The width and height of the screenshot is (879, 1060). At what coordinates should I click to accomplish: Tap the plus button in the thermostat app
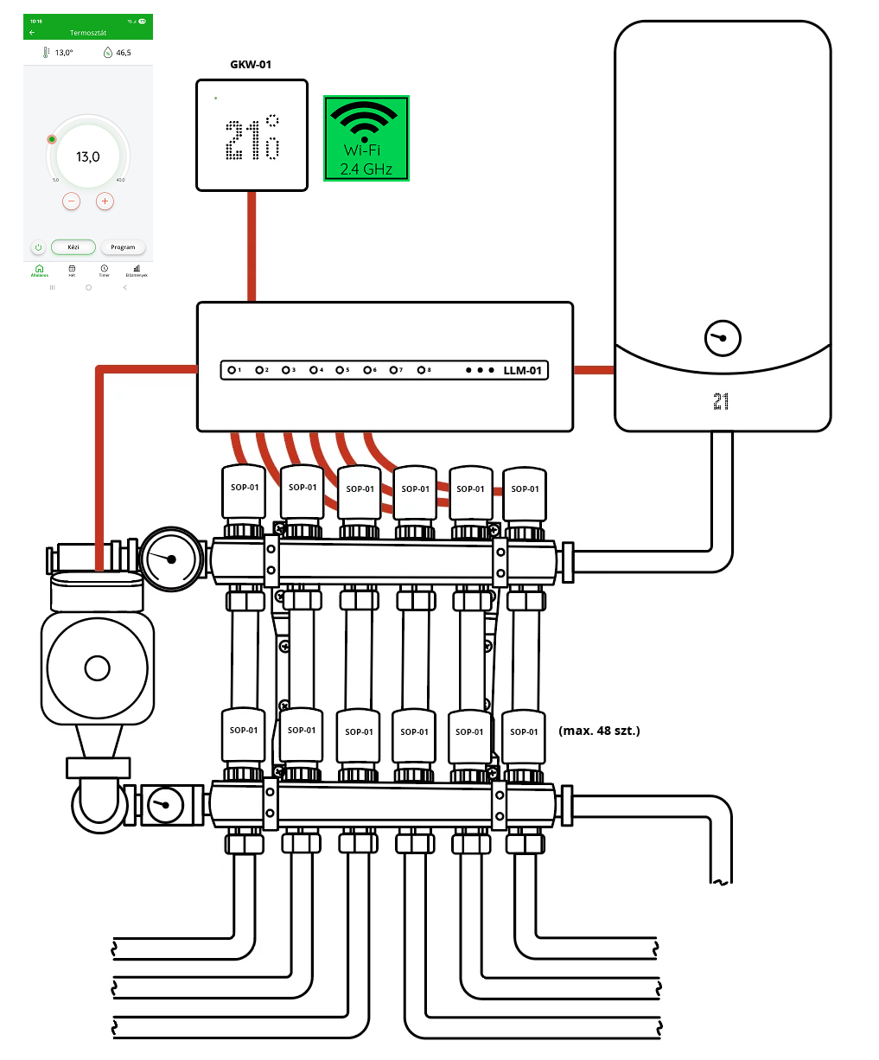[105, 201]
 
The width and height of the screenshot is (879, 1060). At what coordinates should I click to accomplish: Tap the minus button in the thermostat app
[72, 201]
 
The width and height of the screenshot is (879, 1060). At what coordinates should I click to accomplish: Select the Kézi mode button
[73, 247]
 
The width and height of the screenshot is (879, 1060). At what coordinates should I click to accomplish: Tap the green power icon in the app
[38, 247]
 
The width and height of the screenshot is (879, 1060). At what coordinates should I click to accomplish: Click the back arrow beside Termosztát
[32, 33]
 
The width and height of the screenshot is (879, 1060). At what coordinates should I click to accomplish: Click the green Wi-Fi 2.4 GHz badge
[366, 138]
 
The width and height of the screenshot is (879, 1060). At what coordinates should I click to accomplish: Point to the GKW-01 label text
[251, 65]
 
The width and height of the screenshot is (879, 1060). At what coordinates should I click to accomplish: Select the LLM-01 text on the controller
[522, 371]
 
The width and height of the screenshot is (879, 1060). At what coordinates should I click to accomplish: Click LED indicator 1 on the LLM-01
[232, 370]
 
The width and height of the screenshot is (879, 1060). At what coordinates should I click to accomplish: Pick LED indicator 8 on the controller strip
[421, 370]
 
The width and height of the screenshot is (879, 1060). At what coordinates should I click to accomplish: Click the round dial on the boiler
[723, 339]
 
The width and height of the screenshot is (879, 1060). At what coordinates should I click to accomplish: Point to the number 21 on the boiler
[721, 401]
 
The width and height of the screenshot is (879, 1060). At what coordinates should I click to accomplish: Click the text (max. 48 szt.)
[600, 731]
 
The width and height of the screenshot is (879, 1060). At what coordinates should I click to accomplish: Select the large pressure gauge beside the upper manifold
[171, 559]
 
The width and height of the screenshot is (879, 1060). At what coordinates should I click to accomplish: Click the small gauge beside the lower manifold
[162, 806]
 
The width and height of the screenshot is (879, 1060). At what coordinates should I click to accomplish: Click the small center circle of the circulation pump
[98, 668]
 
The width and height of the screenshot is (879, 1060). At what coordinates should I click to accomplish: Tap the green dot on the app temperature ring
[52, 139]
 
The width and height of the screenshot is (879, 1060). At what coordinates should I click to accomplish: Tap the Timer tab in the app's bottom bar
[104, 271]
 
